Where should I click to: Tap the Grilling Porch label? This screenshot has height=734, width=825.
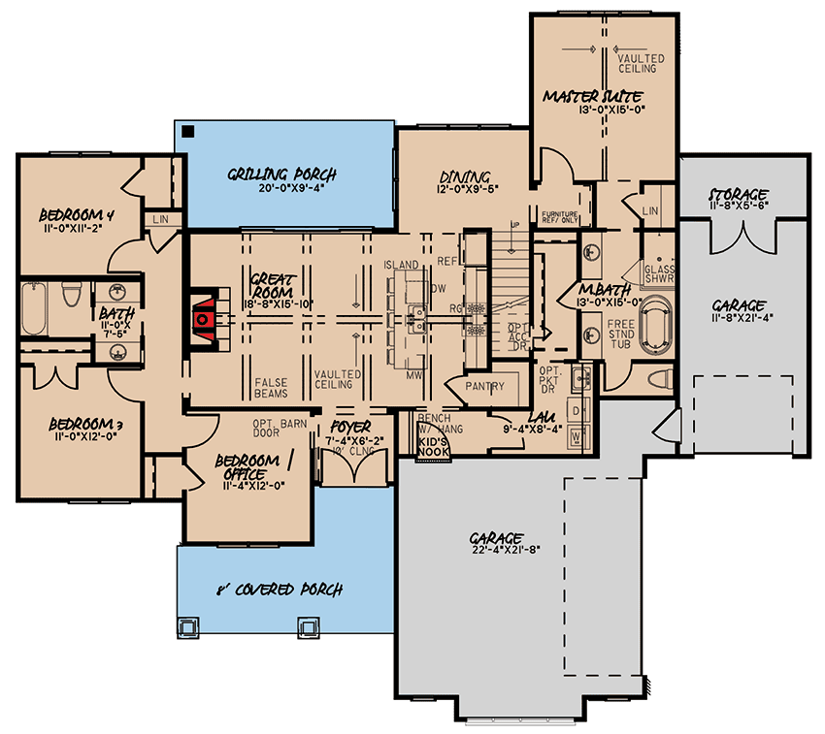coord(282,175)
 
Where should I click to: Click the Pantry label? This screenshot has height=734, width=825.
coord(485,387)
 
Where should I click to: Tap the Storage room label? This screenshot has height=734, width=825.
coord(739,195)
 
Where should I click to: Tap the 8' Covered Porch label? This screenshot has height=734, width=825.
coord(280,589)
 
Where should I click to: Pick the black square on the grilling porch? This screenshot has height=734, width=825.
coord(188,131)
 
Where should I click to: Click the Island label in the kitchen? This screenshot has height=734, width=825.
coord(401,265)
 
